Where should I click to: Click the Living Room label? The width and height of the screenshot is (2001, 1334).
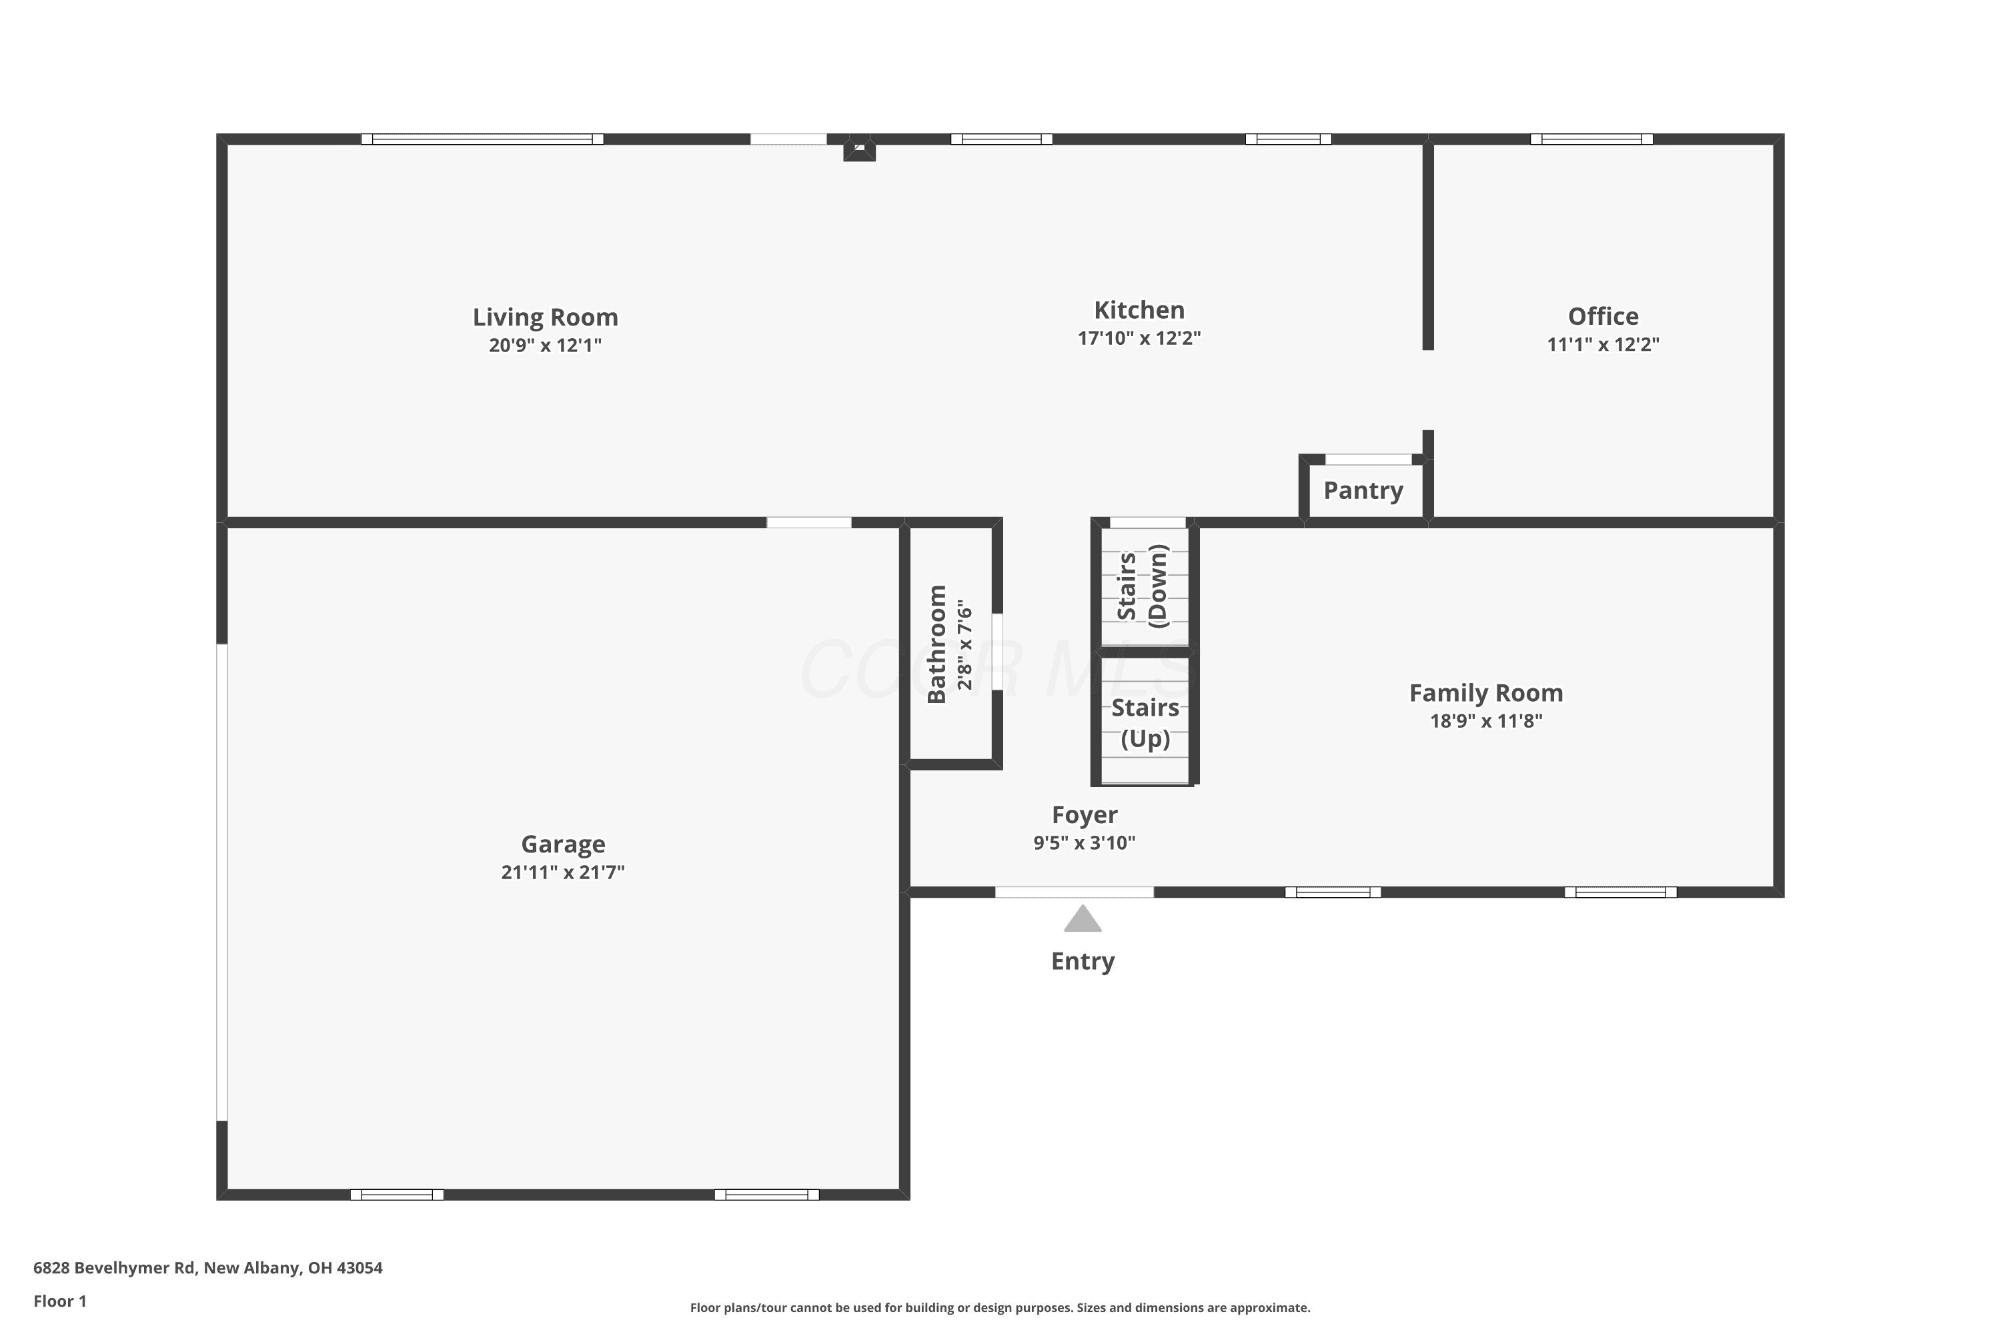546,317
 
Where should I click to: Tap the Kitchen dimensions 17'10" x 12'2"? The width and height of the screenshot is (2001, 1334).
1139,338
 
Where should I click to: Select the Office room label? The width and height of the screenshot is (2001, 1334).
1603,316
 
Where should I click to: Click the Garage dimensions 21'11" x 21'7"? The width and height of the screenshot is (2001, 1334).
562,872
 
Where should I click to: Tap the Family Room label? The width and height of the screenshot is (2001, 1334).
1485,694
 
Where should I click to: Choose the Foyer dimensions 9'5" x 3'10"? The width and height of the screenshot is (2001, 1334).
1084,843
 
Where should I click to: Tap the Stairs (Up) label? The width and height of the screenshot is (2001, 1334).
1145,723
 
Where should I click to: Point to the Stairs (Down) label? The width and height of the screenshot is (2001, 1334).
1143,586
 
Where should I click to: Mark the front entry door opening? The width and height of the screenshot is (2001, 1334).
1075,892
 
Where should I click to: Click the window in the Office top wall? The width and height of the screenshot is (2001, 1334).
1591,139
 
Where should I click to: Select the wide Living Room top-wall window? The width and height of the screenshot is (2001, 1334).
482,139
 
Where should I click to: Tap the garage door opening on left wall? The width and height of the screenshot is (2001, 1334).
222,882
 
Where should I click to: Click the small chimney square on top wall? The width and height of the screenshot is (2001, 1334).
859,149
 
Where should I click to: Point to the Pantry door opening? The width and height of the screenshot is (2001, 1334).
1369,460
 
